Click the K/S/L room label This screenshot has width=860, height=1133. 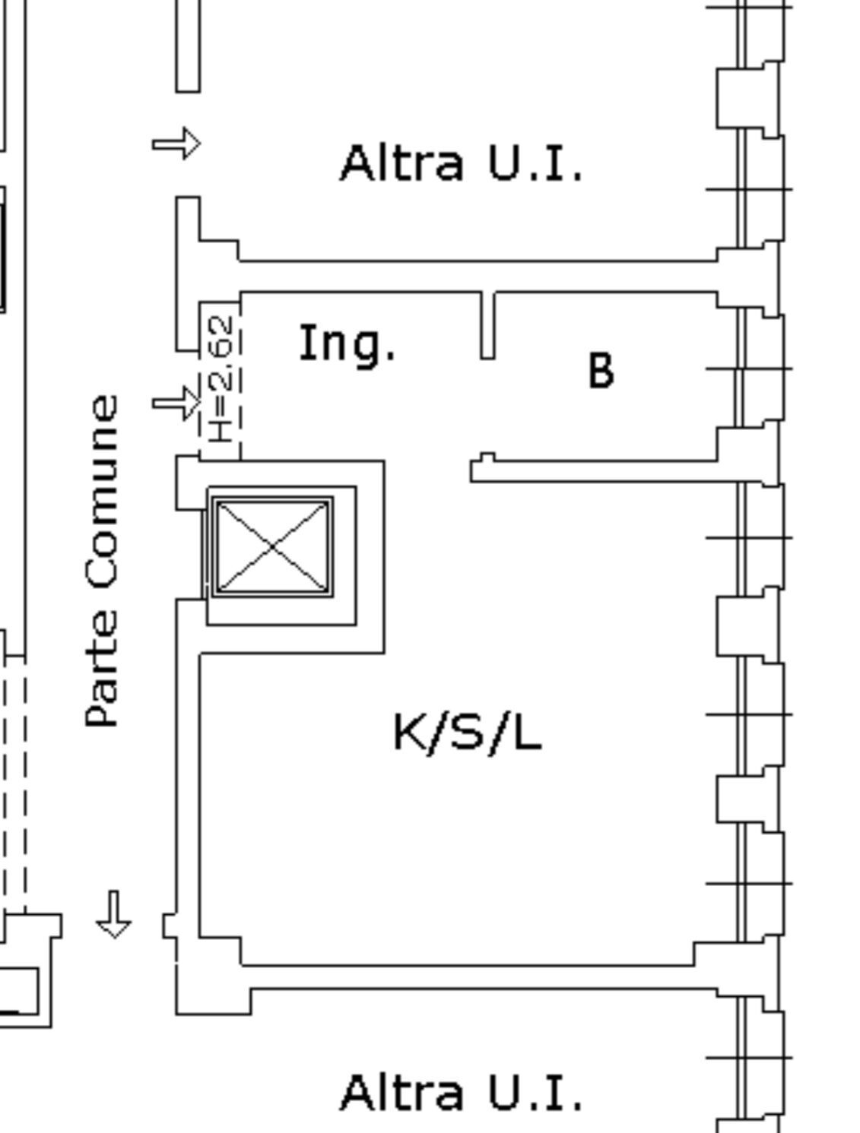[x=467, y=733]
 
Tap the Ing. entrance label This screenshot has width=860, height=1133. [x=347, y=344]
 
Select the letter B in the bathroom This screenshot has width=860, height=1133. [x=601, y=371]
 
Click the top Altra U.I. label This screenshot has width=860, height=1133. [x=462, y=164]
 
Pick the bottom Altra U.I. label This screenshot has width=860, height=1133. [x=462, y=1093]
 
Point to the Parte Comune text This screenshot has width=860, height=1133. [x=102, y=561]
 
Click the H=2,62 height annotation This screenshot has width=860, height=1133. [x=221, y=379]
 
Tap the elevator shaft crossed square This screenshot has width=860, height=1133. [x=272, y=546]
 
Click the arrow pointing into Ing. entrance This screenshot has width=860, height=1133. [x=176, y=403]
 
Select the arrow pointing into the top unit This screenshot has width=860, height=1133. [x=176, y=144]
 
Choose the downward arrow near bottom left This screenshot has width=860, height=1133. [x=114, y=915]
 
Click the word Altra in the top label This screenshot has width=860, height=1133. [x=401, y=164]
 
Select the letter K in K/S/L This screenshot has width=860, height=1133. [x=411, y=733]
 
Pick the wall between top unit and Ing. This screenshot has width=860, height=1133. [x=479, y=277]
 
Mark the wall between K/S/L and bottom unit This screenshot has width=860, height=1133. [x=479, y=977]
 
